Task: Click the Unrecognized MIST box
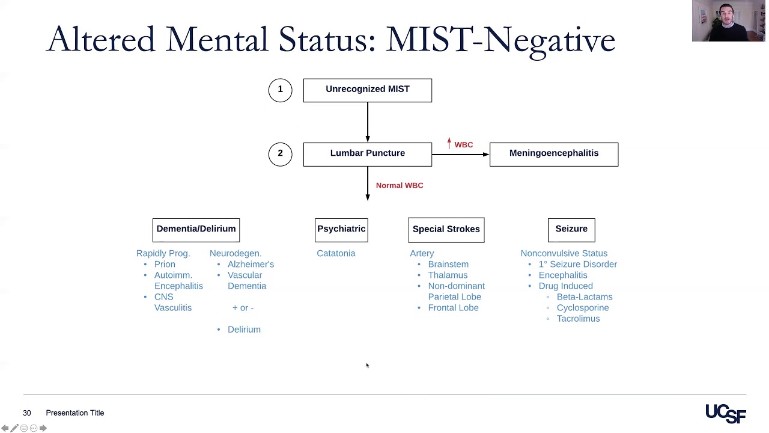[367, 90]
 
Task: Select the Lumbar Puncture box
[367, 154]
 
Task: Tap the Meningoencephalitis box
[553, 154]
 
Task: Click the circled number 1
[280, 90]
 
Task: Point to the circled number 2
[280, 154]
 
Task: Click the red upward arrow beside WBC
[449, 144]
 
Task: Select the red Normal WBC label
[400, 185]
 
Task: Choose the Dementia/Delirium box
[196, 229]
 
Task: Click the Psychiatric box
[341, 229]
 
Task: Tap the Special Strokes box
[446, 230]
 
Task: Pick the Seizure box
[571, 229]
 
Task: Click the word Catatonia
[336, 253]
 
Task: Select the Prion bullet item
[165, 264]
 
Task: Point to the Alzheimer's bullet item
[251, 264]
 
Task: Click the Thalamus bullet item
[448, 275]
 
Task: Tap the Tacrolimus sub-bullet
[578, 318]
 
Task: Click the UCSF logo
[725, 413]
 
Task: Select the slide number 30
[26, 413]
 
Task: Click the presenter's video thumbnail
[728, 21]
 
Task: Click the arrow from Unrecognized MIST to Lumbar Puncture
[367, 121]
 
